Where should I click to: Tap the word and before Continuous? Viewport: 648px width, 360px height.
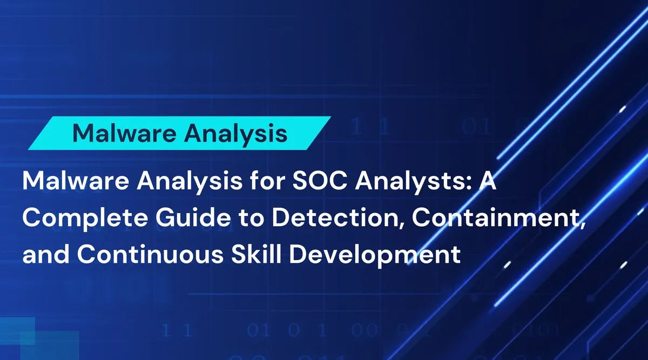coord(45,254)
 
